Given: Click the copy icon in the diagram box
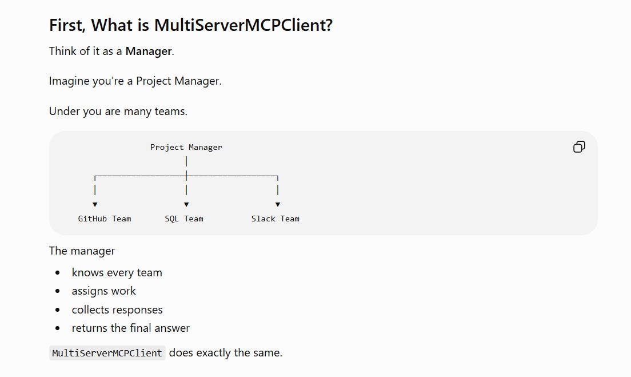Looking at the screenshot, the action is (579, 147).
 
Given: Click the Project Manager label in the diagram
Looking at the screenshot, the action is (186, 148).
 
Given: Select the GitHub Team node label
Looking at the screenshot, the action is (105, 219).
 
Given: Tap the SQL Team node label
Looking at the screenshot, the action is (184, 219).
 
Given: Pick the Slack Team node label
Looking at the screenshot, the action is (275, 219).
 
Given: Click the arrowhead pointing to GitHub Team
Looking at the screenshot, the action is (95, 205).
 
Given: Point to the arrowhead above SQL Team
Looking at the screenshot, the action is (186, 205).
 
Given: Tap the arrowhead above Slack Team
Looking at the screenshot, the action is (278, 205).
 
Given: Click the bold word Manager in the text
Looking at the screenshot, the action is (149, 51).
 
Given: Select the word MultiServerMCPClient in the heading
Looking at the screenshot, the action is (243, 25).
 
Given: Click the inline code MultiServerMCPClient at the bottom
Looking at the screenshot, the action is (107, 353).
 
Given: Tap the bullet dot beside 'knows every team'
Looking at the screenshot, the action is (58, 273).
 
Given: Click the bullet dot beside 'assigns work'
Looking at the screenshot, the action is (58, 291).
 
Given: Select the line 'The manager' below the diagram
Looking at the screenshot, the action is (82, 251).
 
